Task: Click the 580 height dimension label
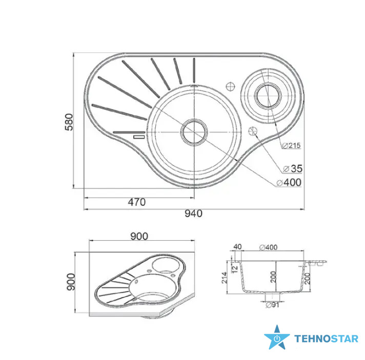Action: pyautogui.click(x=69, y=122)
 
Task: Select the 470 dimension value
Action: pyautogui.click(x=137, y=202)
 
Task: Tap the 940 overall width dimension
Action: pyautogui.click(x=193, y=213)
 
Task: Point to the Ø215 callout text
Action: pyautogui.click(x=291, y=145)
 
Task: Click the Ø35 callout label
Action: pyautogui.click(x=293, y=168)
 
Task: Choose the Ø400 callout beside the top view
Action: pyautogui.click(x=289, y=182)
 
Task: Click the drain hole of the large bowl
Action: pyautogui.click(x=194, y=132)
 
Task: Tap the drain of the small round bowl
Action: pyautogui.click(x=268, y=95)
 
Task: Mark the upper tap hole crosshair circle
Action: pyautogui.click(x=231, y=87)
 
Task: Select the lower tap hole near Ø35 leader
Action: pyautogui.click(x=252, y=131)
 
